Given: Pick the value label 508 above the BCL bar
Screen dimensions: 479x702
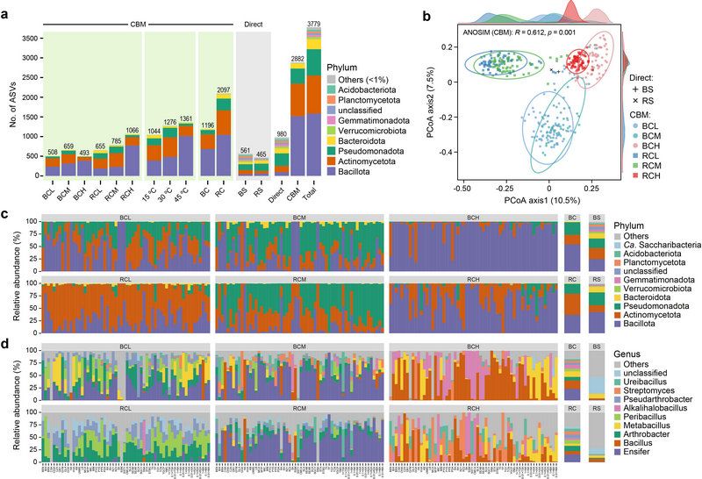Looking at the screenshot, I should (x=52, y=152).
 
